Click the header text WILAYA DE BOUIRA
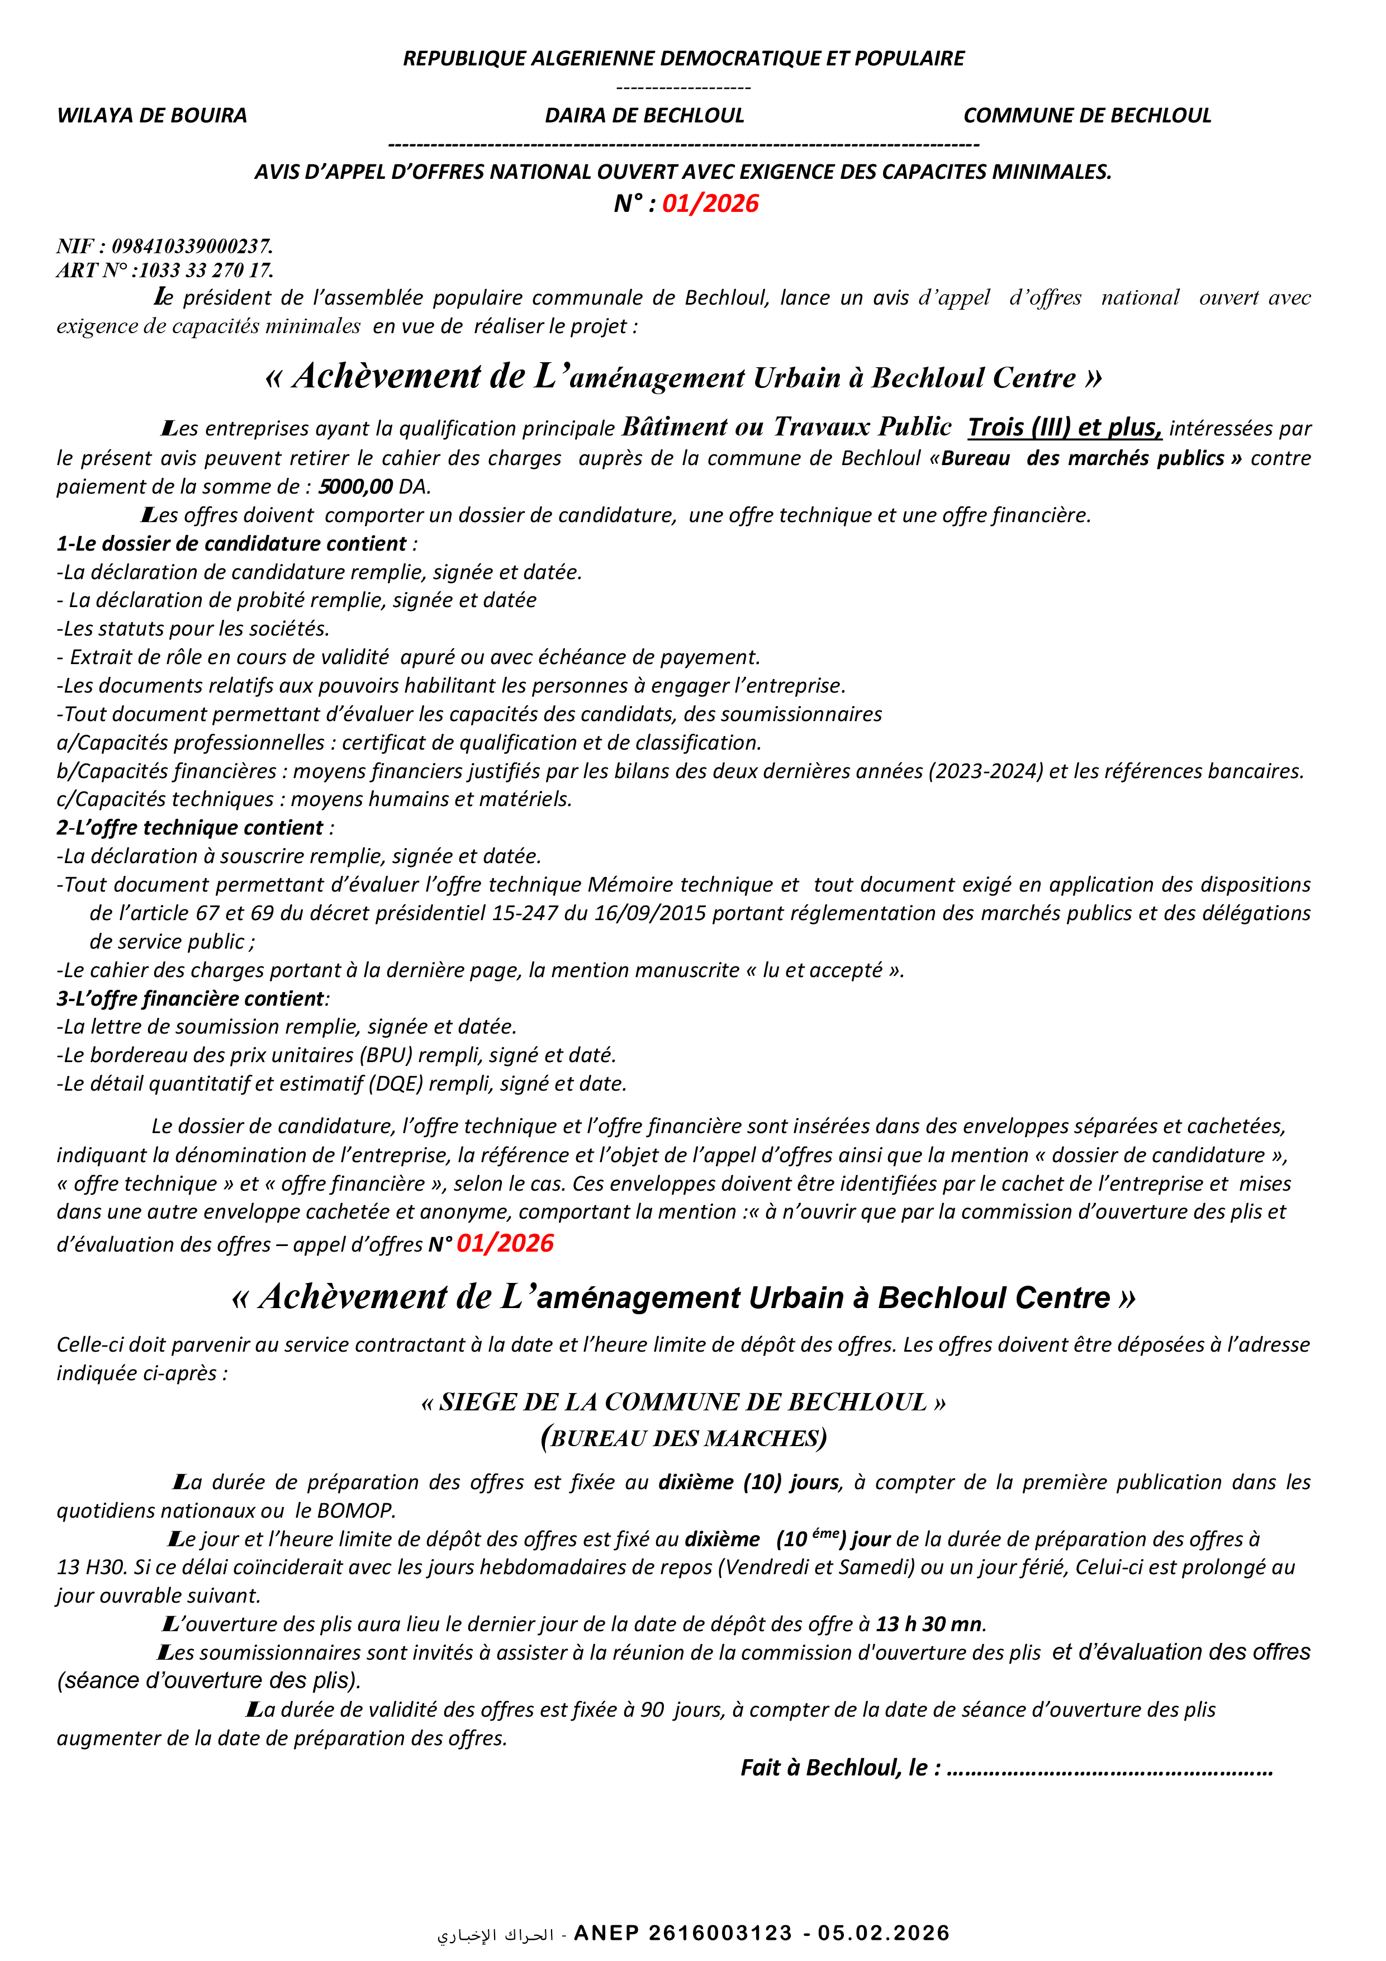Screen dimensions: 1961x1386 coord(152,115)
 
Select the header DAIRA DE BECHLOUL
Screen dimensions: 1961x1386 coord(645,115)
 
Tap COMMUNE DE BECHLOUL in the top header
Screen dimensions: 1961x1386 coord(1087,115)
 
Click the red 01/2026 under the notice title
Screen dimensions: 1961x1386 coord(710,203)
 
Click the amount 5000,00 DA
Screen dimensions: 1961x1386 coord(374,487)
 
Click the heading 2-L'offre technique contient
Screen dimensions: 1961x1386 coord(191,828)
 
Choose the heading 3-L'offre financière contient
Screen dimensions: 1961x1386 coord(191,998)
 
